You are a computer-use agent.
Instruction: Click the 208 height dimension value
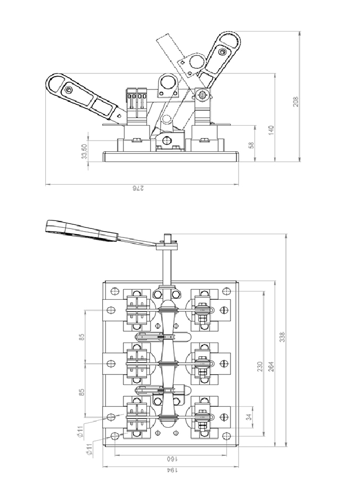(x=296, y=101)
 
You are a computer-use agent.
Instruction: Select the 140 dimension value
(x=271, y=130)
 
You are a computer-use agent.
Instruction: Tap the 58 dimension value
(x=251, y=145)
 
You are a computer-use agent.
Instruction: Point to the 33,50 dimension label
(x=84, y=151)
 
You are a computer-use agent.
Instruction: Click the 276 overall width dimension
(x=138, y=188)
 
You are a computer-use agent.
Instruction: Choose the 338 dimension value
(x=282, y=337)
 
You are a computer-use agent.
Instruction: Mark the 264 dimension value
(x=271, y=366)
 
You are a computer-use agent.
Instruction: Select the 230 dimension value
(x=260, y=366)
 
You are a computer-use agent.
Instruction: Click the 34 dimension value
(x=250, y=416)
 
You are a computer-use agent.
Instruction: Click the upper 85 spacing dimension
(x=82, y=337)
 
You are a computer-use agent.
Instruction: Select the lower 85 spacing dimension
(x=82, y=392)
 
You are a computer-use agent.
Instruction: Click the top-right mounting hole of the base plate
(x=226, y=291)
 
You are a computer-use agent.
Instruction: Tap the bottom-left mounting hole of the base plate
(x=114, y=436)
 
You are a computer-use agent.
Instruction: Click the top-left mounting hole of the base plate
(x=114, y=291)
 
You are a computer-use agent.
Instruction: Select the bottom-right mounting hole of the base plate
(x=226, y=436)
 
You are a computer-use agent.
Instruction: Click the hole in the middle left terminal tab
(x=111, y=363)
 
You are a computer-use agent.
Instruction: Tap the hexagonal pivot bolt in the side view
(x=202, y=95)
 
